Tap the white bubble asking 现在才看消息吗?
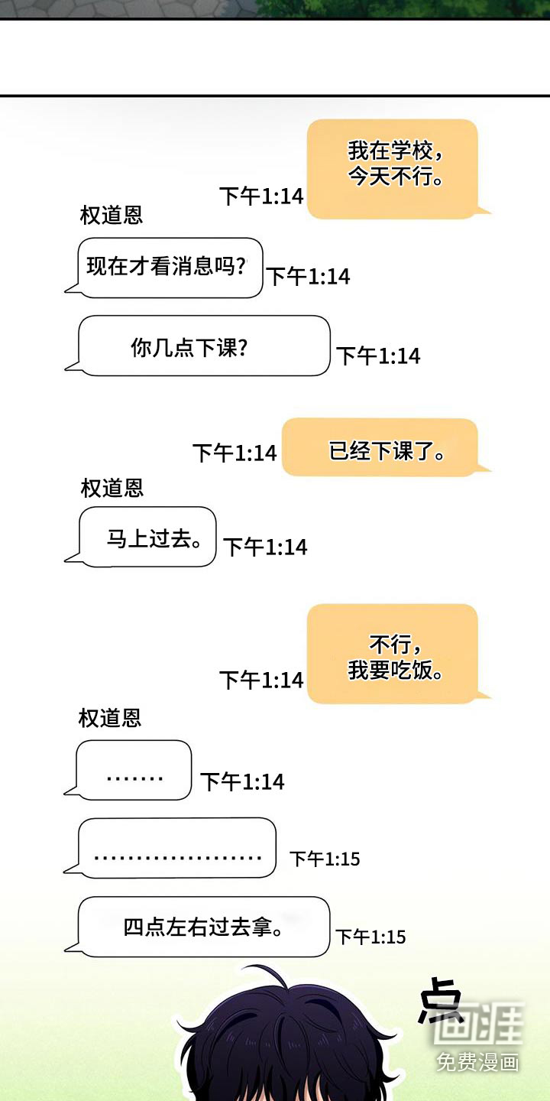pyautogui.click(x=170, y=268)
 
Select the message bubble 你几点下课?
pyautogui.click(x=205, y=346)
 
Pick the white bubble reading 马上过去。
pyautogui.click(x=147, y=538)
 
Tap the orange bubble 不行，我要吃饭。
pyautogui.click(x=393, y=654)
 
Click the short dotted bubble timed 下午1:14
pyautogui.click(x=134, y=771)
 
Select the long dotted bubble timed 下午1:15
pyautogui.click(x=177, y=849)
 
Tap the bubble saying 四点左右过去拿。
pyautogui.click(x=205, y=927)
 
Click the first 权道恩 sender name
pyautogui.click(x=112, y=216)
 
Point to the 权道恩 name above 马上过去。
pyautogui.click(x=112, y=488)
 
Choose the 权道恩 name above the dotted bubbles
pyautogui.click(x=110, y=718)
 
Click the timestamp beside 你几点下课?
pyautogui.click(x=379, y=356)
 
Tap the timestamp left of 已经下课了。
pyautogui.click(x=235, y=453)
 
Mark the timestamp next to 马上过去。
pyautogui.click(x=266, y=547)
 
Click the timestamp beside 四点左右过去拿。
pyautogui.click(x=371, y=937)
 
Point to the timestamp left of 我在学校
pyautogui.click(x=262, y=196)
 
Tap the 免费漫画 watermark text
pyautogui.click(x=478, y=1061)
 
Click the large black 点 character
pyautogui.click(x=440, y=1000)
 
